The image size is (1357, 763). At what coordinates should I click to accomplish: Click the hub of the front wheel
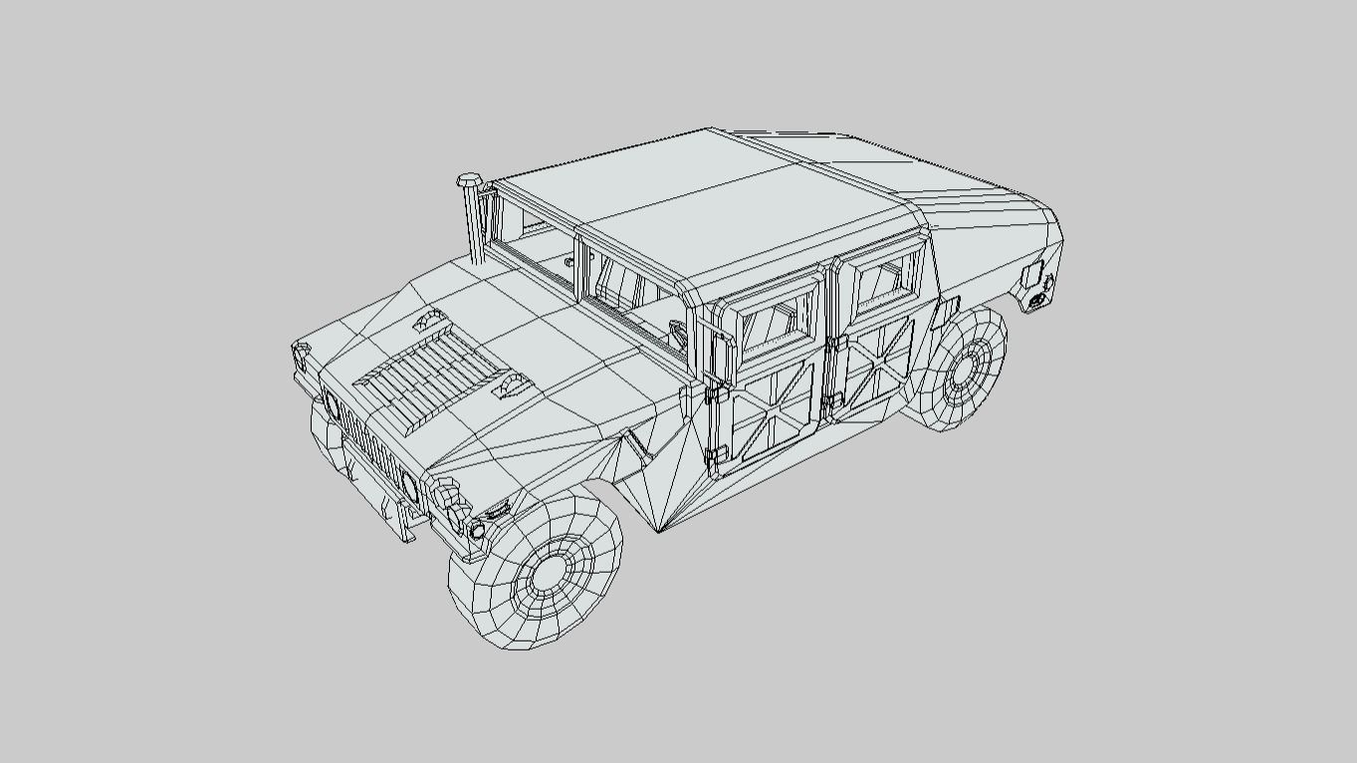(x=549, y=574)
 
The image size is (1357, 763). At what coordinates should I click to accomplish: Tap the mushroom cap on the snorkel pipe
(x=470, y=181)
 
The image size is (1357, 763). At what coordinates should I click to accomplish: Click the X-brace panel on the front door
(x=768, y=416)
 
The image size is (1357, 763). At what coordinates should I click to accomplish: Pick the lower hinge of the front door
(x=715, y=457)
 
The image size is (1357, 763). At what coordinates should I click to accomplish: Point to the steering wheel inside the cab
(x=678, y=331)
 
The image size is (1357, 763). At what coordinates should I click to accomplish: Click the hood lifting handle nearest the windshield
(x=430, y=320)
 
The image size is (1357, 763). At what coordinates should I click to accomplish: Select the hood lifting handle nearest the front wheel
(x=512, y=386)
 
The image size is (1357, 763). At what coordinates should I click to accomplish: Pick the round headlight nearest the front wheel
(x=408, y=486)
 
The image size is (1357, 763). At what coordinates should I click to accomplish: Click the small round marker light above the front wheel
(x=477, y=530)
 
